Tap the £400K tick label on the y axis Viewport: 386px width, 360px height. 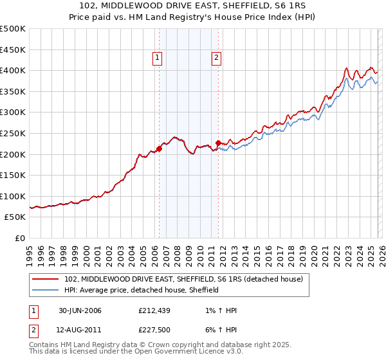13,70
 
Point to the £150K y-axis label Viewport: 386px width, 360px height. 13,175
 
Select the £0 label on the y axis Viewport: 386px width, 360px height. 20,238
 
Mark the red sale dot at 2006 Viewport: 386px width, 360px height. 159,149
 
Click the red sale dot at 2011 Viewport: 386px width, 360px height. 218,143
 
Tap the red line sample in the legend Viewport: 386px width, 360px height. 46,279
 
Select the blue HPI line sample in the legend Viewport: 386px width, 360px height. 46,290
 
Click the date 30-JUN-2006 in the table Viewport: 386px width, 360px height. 80,310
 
